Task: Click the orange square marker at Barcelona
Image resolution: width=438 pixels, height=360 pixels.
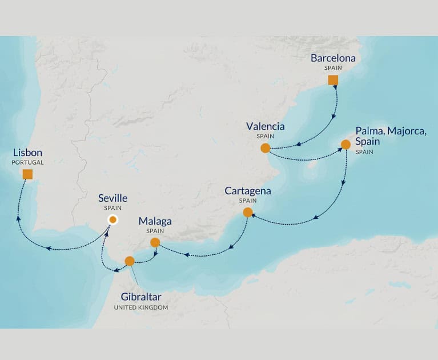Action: click(x=333, y=80)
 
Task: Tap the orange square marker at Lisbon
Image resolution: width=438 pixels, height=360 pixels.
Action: click(x=27, y=174)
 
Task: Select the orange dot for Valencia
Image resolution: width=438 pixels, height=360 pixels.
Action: click(x=265, y=148)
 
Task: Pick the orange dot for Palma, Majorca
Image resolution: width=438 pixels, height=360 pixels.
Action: click(x=345, y=145)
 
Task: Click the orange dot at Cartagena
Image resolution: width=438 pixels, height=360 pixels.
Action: click(x=248, y=213)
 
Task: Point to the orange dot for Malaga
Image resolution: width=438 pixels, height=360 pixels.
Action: click(x=155, y=242)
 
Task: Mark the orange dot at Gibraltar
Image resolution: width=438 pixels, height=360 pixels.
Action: click(x=130, y=261)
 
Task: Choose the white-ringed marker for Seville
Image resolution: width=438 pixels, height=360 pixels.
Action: click(x=113, y=219)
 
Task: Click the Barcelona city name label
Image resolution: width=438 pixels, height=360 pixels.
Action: click(x=333, y=58)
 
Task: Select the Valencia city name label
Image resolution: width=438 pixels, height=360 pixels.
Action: click(x=265, y=126)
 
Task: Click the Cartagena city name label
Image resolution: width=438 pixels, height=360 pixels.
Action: click(x=248, y=191)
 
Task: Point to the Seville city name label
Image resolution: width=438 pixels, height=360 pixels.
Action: click(x=113, y=198)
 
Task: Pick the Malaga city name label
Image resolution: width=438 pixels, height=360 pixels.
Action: click(x=155, y=221)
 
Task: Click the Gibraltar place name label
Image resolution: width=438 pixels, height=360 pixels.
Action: click(x=140, y=297)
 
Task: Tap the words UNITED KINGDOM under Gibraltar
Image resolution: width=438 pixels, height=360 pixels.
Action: click(x=140, y=307)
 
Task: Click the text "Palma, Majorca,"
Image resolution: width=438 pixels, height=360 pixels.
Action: click(x=391, y=131)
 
